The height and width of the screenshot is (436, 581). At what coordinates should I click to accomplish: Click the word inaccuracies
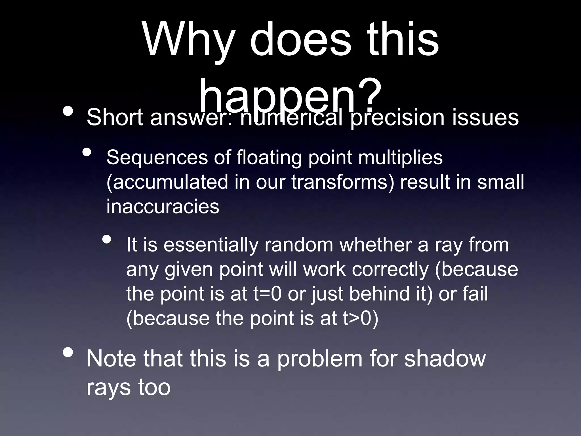(163, 206)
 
